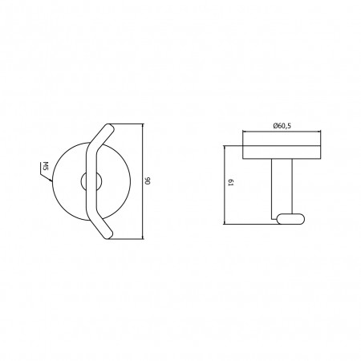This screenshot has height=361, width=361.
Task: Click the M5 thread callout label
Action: pos(45,166)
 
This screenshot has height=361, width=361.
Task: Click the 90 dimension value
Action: pos(148,180)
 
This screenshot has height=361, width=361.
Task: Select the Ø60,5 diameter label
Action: pos(282,125)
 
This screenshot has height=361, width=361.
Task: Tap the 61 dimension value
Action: pos(231,183)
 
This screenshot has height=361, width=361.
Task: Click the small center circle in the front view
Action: pos(91,181)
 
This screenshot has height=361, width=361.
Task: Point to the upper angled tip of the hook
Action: pos(110,127)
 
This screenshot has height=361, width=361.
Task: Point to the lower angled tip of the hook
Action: pos(109,236)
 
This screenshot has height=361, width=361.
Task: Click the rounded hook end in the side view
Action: pos(290,218)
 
